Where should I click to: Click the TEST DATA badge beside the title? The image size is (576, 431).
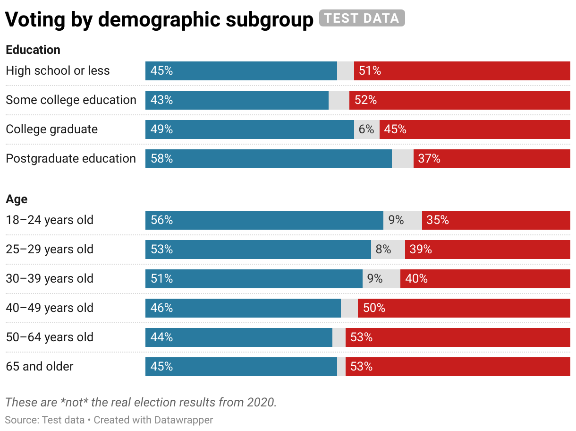coord(362,18)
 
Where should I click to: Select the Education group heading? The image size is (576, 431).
coord(33,50)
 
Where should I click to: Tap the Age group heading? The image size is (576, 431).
coord(17,199)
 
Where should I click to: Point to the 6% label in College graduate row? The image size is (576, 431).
coord(366,129)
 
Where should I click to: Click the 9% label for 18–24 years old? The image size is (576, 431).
coord(396,220)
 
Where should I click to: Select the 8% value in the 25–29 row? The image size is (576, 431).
coord(383,250)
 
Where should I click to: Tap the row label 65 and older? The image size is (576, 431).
coord(40,366)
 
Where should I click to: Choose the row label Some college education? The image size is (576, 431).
coord(71,100)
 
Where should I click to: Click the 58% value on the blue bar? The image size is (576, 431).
coord(162,159)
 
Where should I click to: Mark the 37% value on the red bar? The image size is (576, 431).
coord(429,159)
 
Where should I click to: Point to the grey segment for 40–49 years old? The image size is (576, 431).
coord(349,308)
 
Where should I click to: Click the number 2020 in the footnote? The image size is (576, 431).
coord(261,402)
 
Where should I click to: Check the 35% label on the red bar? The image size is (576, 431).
coord(438,220)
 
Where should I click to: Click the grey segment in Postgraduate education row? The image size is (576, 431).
coord(403,159)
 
